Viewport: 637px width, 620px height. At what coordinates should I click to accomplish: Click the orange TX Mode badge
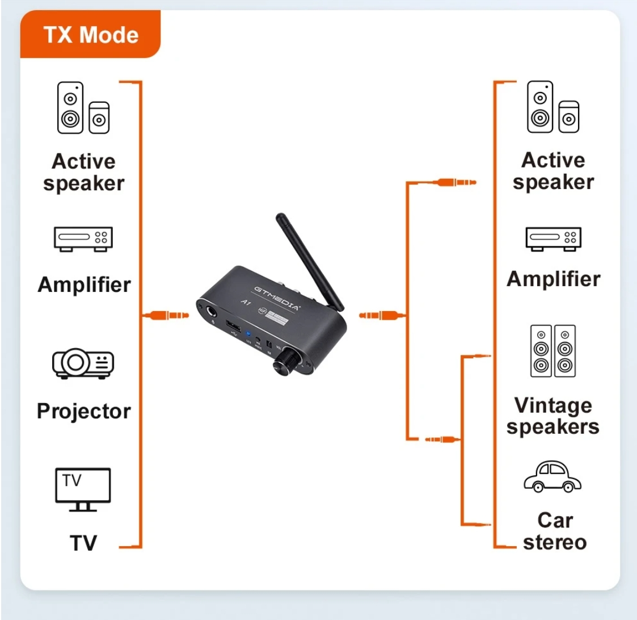tap(91, 35)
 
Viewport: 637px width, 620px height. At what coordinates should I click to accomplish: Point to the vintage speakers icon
tap(552, 351)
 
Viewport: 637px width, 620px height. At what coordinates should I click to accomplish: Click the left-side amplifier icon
tap(83, 238)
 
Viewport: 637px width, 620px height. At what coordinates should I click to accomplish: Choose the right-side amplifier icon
tap(553, 238)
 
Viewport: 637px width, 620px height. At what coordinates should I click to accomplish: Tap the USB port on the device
tap(233, 326)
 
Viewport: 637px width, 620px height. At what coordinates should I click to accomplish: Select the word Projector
tap(83, 411)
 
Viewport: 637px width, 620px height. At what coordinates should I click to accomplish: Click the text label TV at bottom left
tap(83, 543)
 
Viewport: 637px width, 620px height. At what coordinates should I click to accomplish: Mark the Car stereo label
tap(554, 531)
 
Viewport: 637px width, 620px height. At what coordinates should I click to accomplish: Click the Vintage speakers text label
tap(553, 416)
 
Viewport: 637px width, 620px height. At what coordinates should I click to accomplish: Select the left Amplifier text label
tap(84, 284)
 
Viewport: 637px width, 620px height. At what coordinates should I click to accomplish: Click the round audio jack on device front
tap(212, 311)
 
